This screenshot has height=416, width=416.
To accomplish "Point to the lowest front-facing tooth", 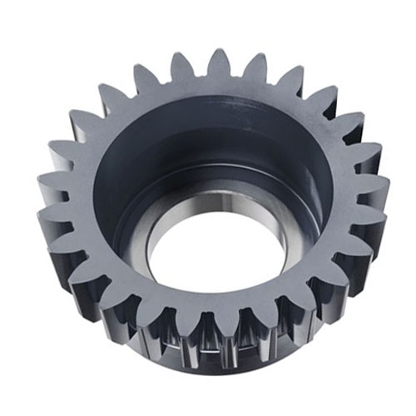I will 206,333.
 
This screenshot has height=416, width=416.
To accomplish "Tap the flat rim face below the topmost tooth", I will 218,92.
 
